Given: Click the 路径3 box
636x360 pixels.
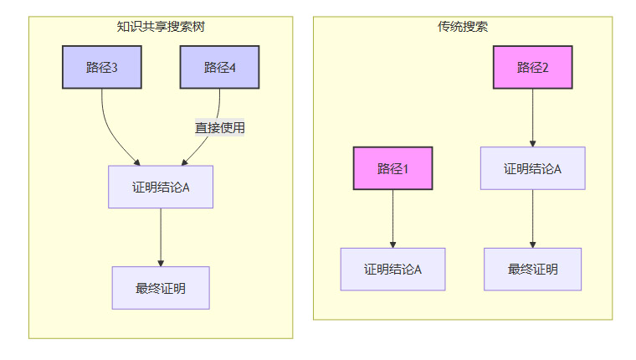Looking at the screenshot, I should pos(102,67).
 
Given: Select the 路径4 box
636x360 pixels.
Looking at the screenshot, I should pos(219,67).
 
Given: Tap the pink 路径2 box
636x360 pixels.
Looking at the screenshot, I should pos(532,67).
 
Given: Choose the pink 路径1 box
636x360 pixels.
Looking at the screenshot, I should pos(392,168).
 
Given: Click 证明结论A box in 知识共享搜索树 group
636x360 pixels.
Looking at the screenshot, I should pos(161,187).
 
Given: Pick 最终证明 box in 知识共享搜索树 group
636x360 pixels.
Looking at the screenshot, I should pos(161,288).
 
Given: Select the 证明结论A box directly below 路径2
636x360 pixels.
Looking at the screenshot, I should pos(532,168).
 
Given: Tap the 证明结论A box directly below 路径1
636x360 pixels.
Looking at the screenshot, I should pos(392,270).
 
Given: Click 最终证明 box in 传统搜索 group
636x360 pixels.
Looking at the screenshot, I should pos(532,270).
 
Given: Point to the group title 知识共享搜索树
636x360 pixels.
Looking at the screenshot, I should pos(161,26).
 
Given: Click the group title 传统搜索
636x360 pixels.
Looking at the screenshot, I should pos(463,26).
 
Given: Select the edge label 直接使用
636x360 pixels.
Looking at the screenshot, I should pos(220,128).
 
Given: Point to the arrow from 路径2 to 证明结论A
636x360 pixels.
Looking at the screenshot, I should pos(532,117).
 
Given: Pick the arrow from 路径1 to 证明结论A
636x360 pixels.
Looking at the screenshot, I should pos(392,219).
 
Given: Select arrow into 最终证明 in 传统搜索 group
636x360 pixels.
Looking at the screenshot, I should pos(532,219).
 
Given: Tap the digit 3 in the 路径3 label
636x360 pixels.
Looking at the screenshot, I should pos(114,68).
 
